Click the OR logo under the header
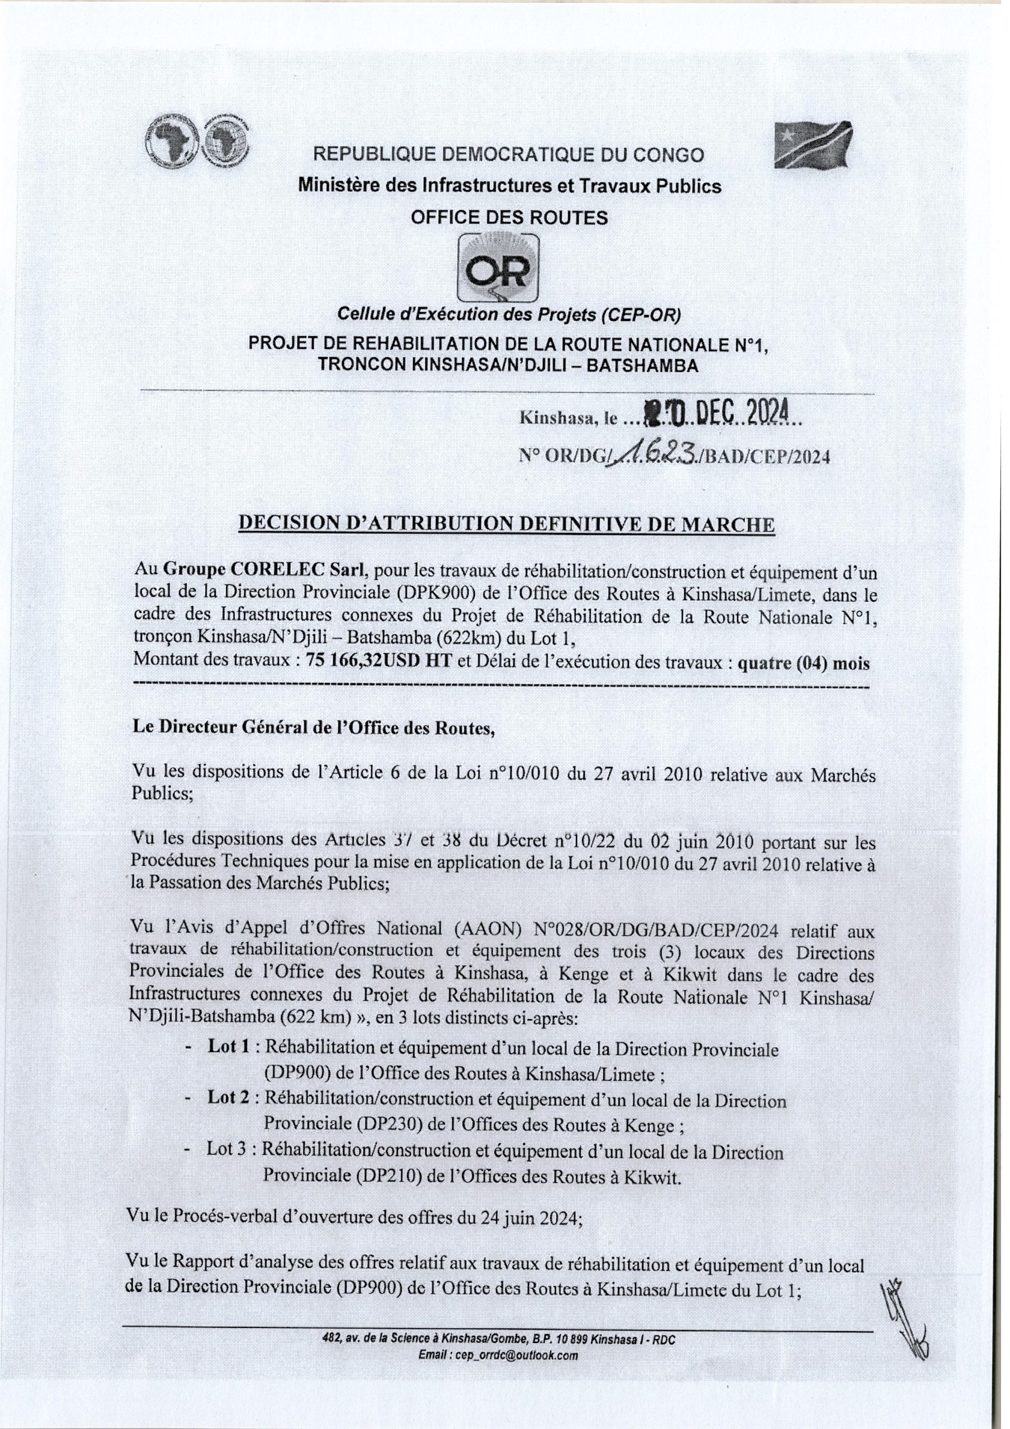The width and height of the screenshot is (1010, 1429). tap(498, 269)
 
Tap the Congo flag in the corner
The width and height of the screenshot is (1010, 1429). tap(812, 145)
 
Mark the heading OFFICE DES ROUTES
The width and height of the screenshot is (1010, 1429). tap(508, 217)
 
